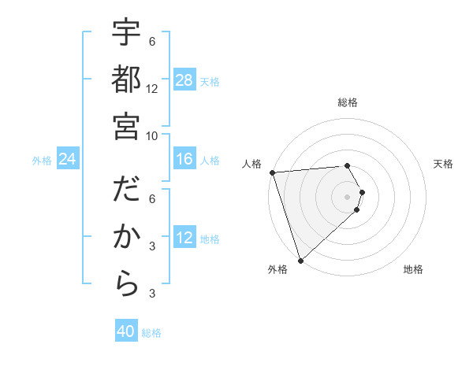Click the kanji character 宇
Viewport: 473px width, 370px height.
pyautogui.click(x=126, y=35)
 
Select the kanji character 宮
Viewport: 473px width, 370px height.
pyautogui.click(x=126, y=125)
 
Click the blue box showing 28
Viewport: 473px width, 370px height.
pyautogui.click(x=184, y=80)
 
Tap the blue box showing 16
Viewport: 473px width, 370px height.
pyautogui.click(x=184, y=160)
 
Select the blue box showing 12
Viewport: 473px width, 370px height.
pyautogui.click(x=184, y=239)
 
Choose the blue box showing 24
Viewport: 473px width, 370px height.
pyautogui.click(x=67, y=160)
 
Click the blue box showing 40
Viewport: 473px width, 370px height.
pyautogui.click(x=126, y=331)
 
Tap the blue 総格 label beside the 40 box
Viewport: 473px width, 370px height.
pyautogui.click(x=151, y=333)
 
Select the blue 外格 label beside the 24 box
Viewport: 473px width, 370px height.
pyautogui.click(x=42, y=161)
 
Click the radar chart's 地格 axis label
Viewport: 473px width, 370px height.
pyautogui.click(x=413, y=269)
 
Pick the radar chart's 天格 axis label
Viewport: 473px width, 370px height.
pyautogui.click(x=443, y=164)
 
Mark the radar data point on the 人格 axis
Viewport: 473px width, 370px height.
pyautogui.click(x=272, y=172)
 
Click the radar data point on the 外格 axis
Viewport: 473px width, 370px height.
pyautogui.click(x=300, y=260)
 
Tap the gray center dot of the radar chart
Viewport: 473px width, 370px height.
pyautogui.click(x=347, y=195)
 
